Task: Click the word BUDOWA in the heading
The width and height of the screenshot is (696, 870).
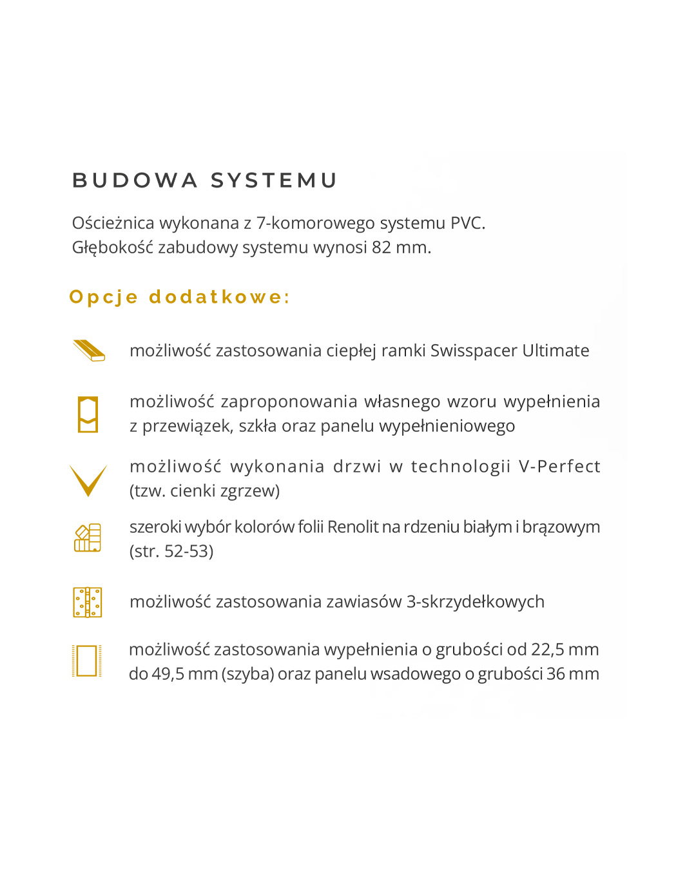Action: pos(135,180)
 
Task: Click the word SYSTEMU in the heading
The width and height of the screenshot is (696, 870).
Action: pos(274,180)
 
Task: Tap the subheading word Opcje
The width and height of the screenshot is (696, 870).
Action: pos(104,297)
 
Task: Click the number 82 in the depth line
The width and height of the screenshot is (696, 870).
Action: pos(381,247)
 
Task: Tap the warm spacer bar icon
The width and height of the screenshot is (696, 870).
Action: pos(89,351)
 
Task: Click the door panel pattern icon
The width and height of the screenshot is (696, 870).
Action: pos(88,414)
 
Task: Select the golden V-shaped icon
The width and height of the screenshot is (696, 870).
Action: pos(88,480)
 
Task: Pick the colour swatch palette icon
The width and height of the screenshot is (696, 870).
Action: pos(88,538)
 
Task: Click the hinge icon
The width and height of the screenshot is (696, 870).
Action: pos(88,602)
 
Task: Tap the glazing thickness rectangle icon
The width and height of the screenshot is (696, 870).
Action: pos(87,661)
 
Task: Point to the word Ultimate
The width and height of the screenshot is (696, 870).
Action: pos(556,351)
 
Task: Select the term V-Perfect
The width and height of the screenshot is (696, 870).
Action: pos(559,467)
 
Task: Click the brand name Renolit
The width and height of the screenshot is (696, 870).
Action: pos(353,527)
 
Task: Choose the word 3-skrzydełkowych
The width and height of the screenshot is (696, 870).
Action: pos(475,602)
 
